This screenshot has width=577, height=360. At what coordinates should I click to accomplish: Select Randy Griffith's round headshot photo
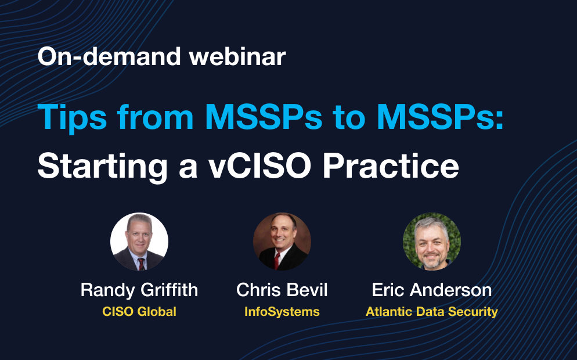(x=139, y=242)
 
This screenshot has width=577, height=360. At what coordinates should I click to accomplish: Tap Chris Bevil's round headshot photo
(x=282, y=242)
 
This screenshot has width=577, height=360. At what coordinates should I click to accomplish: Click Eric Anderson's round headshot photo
(x=431, y=242)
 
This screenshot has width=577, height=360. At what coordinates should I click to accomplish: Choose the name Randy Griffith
(x=139, y=290)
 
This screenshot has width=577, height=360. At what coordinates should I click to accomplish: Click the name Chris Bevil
(x=282, y=290)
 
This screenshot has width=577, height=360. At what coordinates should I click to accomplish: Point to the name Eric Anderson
(x=431, y=290)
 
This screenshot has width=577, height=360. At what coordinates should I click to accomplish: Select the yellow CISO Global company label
(x=139, y=312)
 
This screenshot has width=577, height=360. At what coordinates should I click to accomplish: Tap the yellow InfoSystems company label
(x=282, y=312)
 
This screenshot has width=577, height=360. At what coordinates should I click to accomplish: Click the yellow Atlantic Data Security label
(x=431, y=312)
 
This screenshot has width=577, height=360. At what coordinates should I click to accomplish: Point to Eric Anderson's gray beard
(x=431, y=258)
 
